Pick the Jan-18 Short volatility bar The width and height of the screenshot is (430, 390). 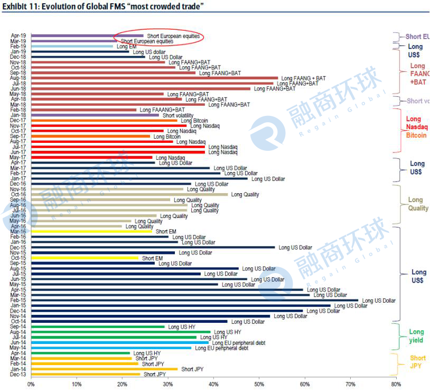tap(95, 115)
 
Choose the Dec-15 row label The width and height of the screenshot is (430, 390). tap(18, 248)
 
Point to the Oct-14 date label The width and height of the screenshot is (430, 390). tap(18, 322)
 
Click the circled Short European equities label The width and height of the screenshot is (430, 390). tap(173, 36)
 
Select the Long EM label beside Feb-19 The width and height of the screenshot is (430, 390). tap(126, 47)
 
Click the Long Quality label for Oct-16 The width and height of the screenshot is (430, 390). tap(245, 195)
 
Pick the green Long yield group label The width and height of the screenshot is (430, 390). tap(416, 336)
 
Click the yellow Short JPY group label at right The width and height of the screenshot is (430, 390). tap(418, 362)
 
